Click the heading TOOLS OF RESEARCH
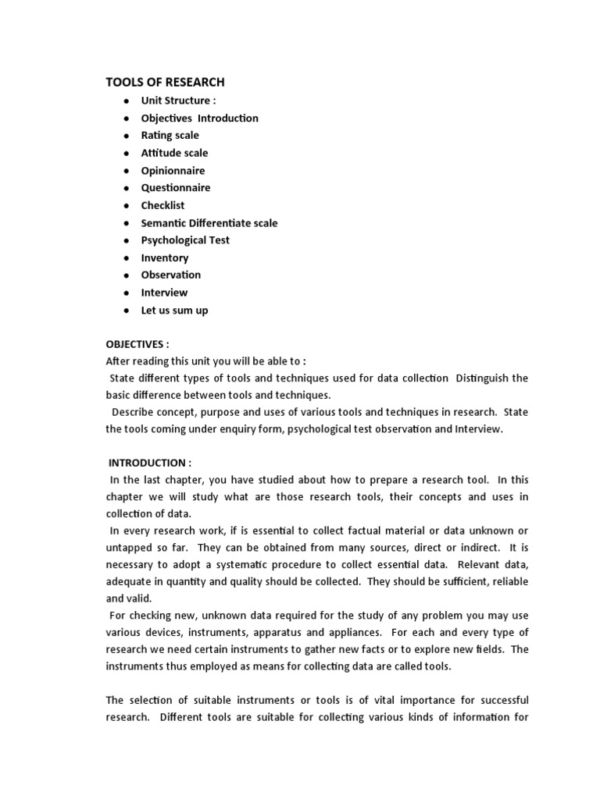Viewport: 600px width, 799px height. [x=165, y=82]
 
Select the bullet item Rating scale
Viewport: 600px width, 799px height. [x=170, y=136]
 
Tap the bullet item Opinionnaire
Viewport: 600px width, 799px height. [x=173, y=170]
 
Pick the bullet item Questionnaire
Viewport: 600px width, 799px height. [x=175, y=188]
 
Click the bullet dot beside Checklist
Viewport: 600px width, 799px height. [x=125, y=206]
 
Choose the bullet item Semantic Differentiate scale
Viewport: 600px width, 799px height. [x=209, y=223]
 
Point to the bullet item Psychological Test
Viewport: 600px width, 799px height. [x=185, y=240]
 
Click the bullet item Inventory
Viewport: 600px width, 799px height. [x=164, y=258]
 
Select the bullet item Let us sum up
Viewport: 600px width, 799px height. [x=174, y=311]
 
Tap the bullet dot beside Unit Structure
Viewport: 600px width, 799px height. [x=125, y=101]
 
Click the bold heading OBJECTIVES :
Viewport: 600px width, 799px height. [x=137, y=345]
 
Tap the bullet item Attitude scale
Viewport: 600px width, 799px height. [x=174, y=153]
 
